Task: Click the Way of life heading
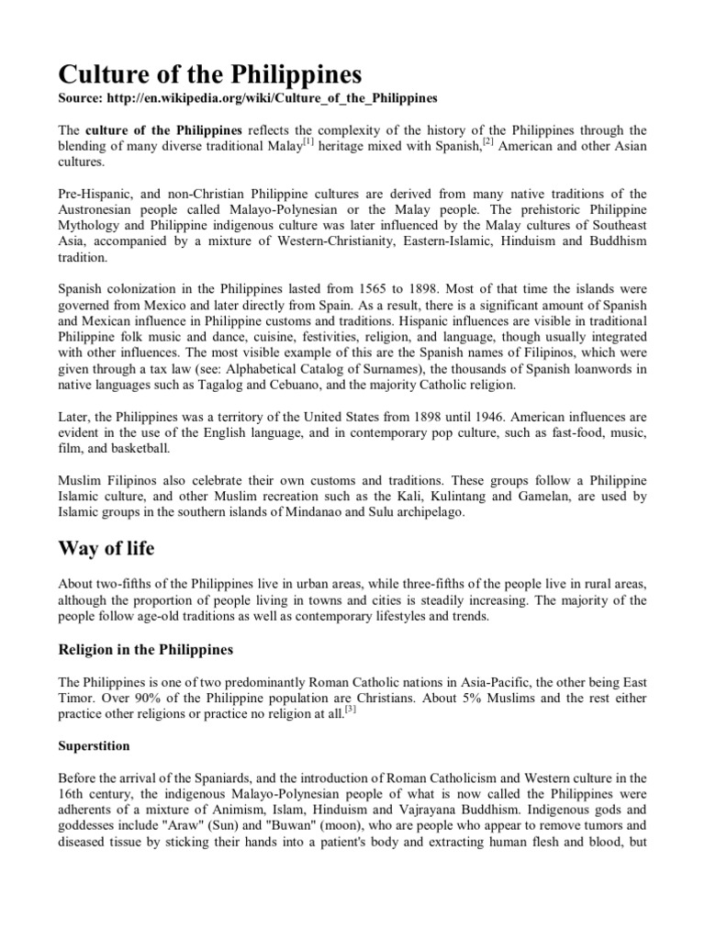[x=106, y=549]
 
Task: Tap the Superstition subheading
[x=94, y=745]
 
